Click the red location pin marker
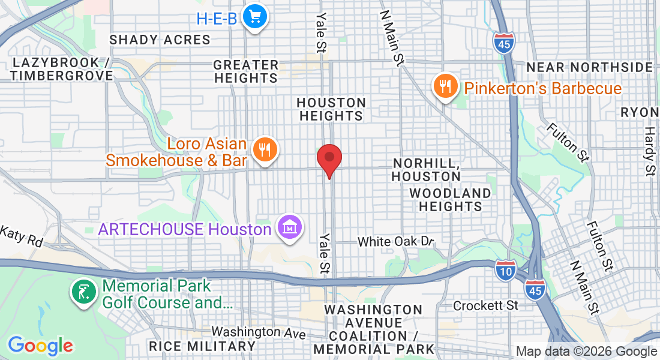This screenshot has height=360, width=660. point(329,158)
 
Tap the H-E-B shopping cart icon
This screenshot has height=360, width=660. point(255,17)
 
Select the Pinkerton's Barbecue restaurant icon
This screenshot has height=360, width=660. point(445,87)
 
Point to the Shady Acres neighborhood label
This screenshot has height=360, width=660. point(160,40)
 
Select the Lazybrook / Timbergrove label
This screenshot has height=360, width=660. point(61,69)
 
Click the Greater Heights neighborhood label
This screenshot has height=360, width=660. point(246,71)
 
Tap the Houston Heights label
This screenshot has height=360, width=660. point(331,109)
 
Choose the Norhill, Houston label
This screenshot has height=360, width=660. point(427,170)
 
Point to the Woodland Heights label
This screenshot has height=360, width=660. point(450,200)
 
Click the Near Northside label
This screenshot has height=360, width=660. point(589,67)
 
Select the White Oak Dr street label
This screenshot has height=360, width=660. point(395,242)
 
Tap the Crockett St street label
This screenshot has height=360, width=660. point(485,305)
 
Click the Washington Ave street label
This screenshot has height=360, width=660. point(254,331)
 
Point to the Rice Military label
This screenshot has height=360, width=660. point(202,346)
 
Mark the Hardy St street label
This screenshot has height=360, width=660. point(649,151)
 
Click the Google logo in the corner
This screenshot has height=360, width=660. point(40,346)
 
